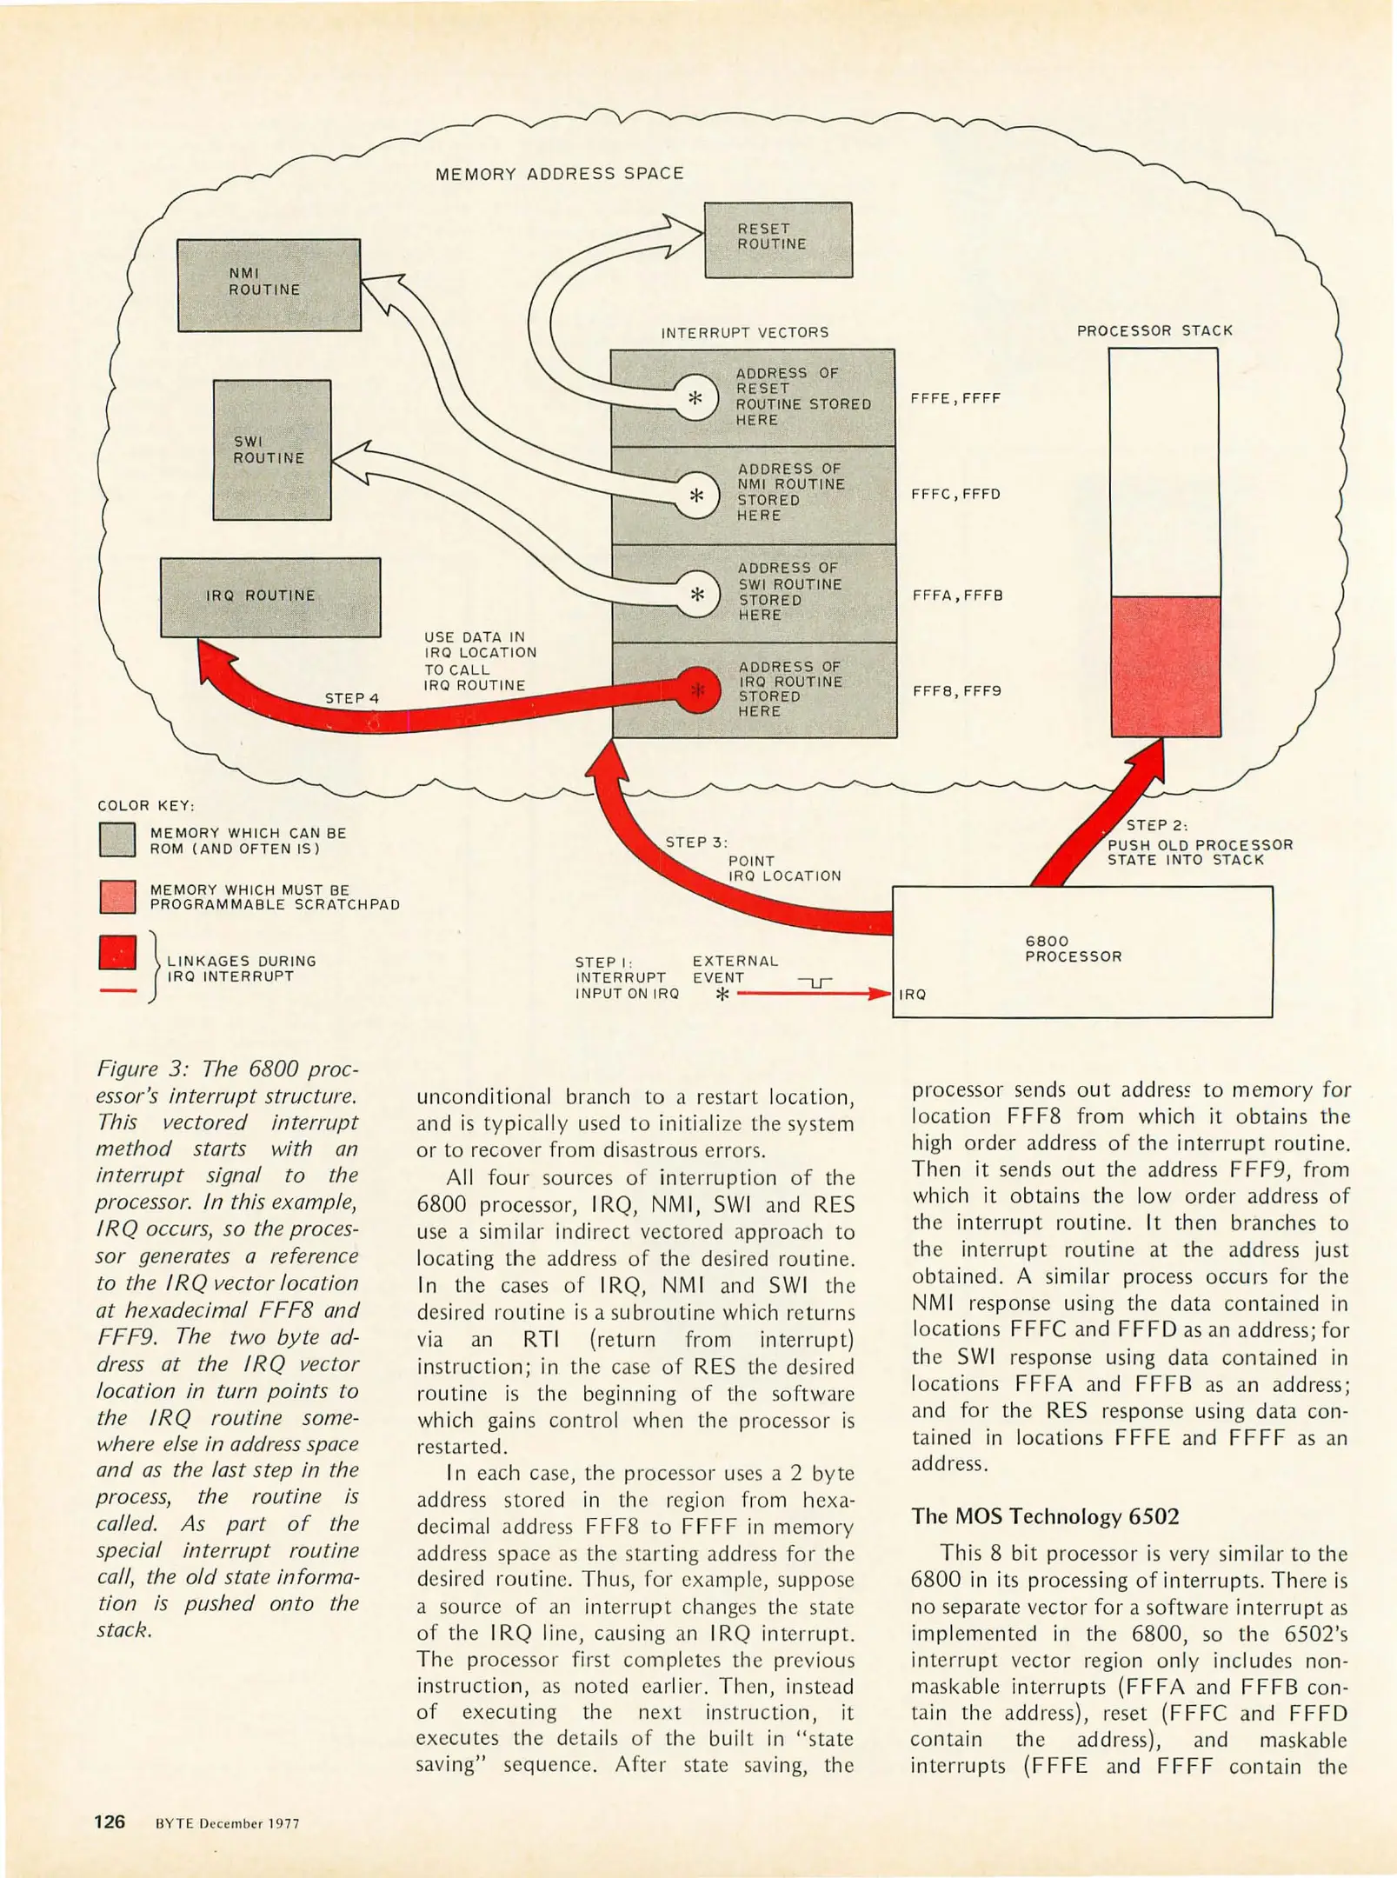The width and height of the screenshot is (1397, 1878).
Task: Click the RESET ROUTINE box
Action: (777, 240)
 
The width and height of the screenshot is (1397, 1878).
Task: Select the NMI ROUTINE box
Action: (269, 284)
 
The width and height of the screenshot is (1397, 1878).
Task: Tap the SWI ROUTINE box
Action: (272, 450)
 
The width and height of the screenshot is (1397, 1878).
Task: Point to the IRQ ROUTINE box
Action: (270, 596)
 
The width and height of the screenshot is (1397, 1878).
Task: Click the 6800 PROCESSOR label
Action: (1073, 949)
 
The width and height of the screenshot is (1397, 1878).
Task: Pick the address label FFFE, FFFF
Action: (955, 398)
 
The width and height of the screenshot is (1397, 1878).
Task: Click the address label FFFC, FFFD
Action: (955, 494)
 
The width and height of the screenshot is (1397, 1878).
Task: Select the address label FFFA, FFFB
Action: (957, 596)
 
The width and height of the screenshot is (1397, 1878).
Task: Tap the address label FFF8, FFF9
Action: (956, 691)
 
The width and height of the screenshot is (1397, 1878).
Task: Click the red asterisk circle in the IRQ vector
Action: (697, 690)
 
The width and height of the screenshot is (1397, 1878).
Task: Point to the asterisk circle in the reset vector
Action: (695, 398)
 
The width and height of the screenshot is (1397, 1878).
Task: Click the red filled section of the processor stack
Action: (1165, 666)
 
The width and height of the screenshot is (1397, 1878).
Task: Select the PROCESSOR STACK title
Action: (1154, 330)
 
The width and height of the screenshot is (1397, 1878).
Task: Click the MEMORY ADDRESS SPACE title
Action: (559, 174)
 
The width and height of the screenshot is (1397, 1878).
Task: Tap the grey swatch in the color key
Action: (117, 840)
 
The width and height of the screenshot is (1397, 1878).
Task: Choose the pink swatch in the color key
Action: (117, 896)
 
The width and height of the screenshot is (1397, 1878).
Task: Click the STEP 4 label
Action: (351, 698)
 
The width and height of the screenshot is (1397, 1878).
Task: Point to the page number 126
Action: (110, 1821)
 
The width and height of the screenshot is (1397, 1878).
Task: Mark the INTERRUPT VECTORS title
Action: (744, 332)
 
